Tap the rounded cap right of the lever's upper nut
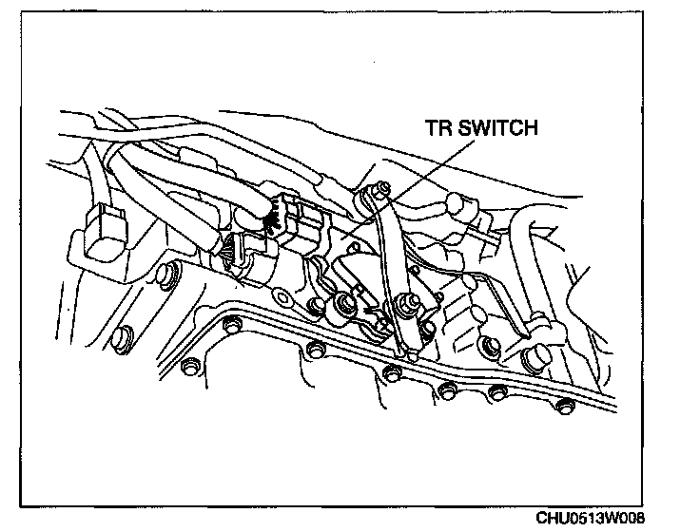[458, 203]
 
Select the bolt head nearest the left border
[121, 336]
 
